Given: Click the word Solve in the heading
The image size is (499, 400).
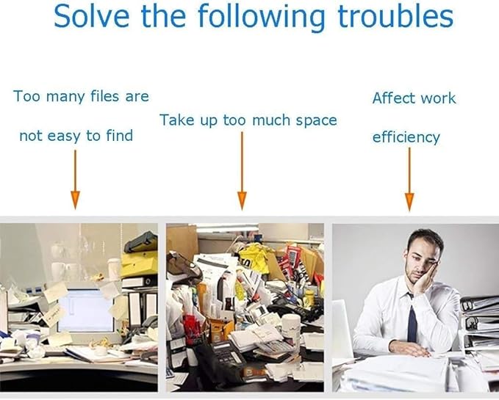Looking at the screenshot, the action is click(x=92, y=16).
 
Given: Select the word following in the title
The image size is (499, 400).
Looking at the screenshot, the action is click(x=262, y=18).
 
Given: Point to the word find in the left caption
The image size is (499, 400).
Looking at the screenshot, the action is click(x=119, y=135).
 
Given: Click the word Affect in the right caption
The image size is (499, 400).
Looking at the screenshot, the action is click(x=392, y=98).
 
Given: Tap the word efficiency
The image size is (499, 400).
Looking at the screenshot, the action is click(x=406, y=137).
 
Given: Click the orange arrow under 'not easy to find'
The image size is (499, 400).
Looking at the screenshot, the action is click(x=75, y=180).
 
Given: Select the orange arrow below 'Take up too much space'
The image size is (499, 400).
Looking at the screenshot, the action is click(x=242, y=170).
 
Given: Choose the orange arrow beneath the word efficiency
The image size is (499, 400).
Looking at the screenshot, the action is click(x=409, y=179).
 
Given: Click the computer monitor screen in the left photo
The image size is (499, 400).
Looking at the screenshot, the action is click(x=86, y=310).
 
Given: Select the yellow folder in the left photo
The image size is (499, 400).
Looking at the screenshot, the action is click(x=139, y=263).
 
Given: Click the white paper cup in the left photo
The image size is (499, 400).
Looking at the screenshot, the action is click(x=114, y=269).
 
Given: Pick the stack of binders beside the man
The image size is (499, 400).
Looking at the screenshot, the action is click(x=480, y=324).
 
